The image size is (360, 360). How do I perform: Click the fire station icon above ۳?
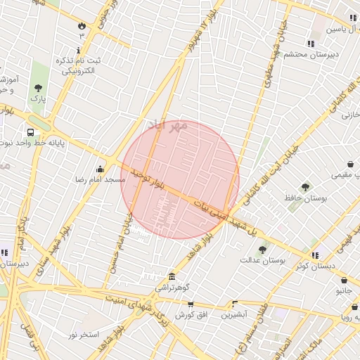pos(82,25)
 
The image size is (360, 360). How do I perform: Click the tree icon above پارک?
pos(38,88)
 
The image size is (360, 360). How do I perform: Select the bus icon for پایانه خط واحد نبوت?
pos(31,131)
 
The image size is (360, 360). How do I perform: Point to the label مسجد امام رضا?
pos(101,180)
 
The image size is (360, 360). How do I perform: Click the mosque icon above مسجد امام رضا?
pos(100,169)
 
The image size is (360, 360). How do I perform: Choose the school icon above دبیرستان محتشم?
pos(311,44)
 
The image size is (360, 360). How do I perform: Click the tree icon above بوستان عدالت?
pos(262,250)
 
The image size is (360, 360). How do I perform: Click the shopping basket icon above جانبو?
pos(343,280)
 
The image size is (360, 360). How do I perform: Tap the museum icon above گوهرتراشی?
pos(172,276)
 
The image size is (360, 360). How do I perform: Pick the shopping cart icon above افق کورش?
pos(191,304)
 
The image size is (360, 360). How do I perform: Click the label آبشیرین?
pos(234,315)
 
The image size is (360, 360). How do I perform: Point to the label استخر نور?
pos(84,334)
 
